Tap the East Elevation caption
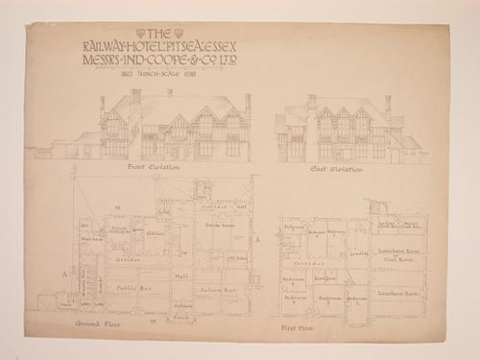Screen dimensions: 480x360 point(336,170)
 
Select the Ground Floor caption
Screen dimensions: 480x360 point(94,324)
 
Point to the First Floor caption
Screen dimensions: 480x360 point(298,325)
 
